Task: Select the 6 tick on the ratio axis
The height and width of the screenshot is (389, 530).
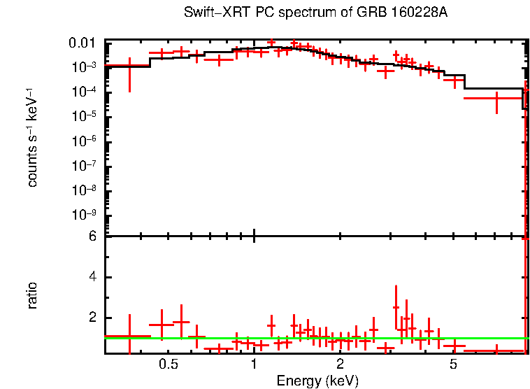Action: tap(92, 236)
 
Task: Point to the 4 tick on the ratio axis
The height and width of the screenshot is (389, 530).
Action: tap(92, 277)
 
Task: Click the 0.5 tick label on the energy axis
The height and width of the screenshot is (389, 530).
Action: tap(168, 365)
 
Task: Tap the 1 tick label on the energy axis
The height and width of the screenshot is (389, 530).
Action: tap(254, 365)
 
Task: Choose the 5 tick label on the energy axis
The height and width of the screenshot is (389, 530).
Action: tap(453, 365)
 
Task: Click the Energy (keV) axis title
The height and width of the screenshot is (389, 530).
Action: tap(317, 381)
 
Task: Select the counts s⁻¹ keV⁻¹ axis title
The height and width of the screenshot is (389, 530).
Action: tap(32, 137)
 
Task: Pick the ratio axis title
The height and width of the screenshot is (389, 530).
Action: tap(32, 295)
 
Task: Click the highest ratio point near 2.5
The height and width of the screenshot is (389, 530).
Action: tap(396, 307)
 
